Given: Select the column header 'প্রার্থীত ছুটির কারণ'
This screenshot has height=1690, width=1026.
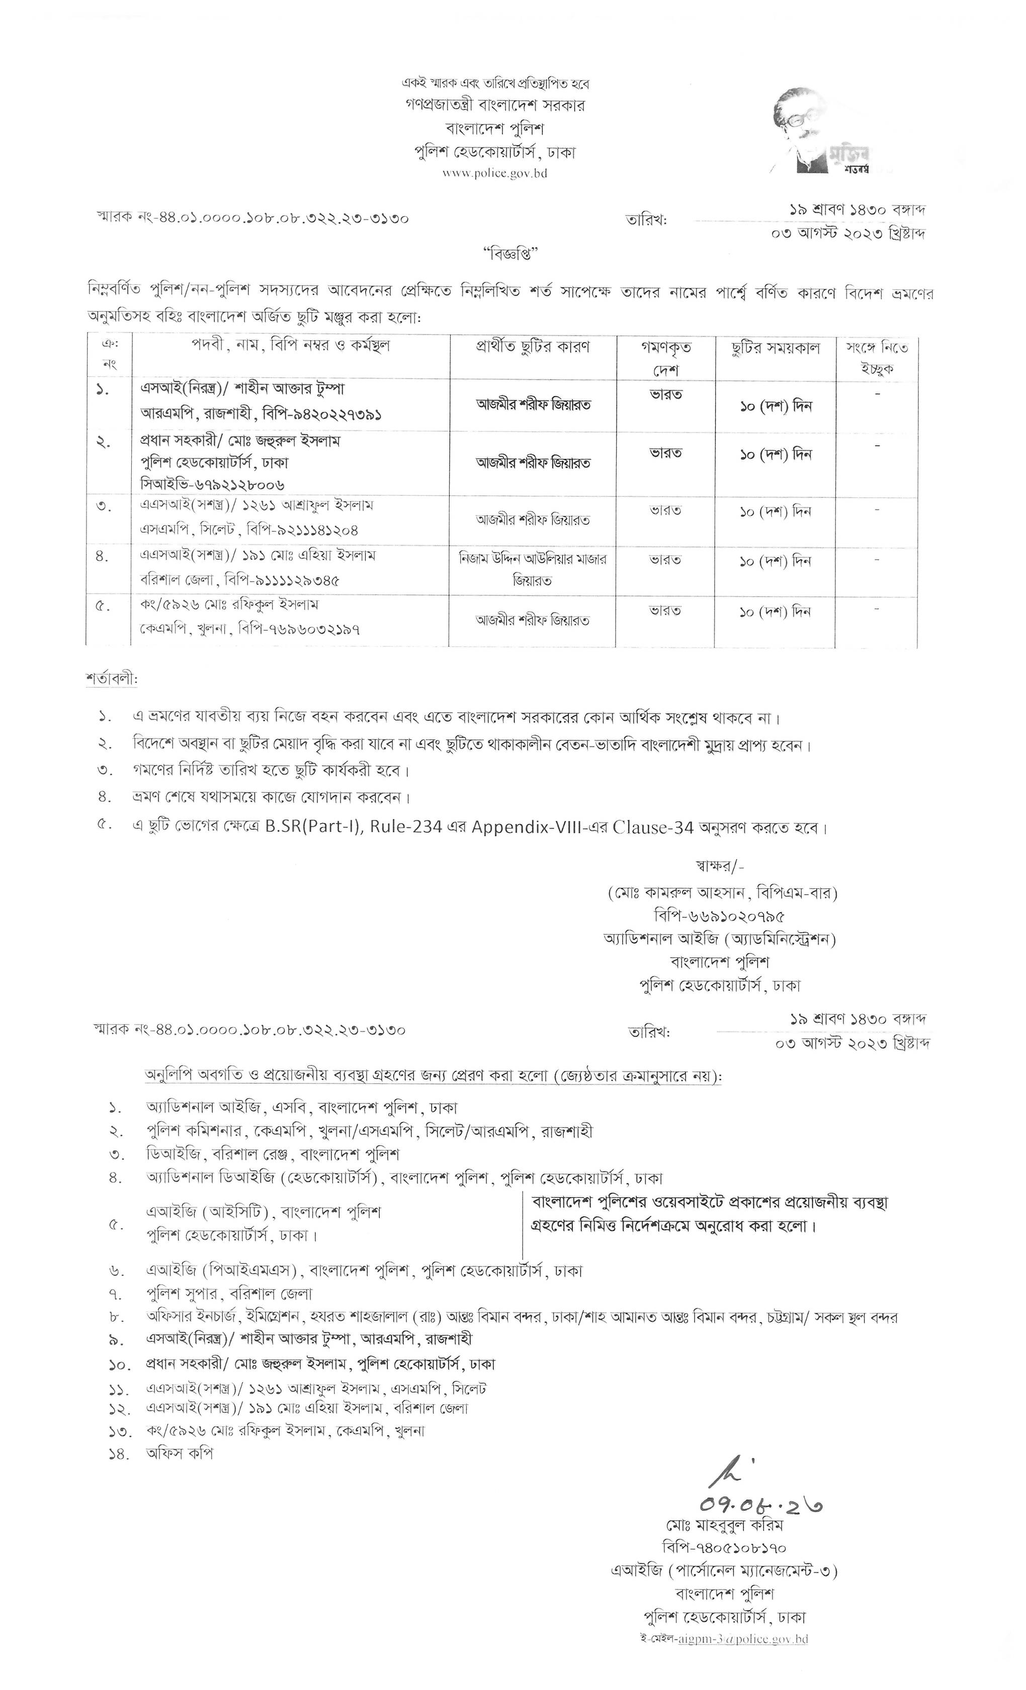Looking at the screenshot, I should (533, 347).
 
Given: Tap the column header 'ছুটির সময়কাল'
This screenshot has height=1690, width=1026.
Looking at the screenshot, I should (775, 348).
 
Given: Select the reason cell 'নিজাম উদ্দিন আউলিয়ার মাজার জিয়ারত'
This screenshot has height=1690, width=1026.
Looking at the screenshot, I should (533, 569).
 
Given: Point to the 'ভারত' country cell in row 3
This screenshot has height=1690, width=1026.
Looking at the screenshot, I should (665, 511).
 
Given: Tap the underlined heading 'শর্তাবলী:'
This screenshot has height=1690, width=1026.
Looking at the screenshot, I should (112, 679).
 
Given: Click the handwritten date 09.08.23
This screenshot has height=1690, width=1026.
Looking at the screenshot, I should (760, 1504).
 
